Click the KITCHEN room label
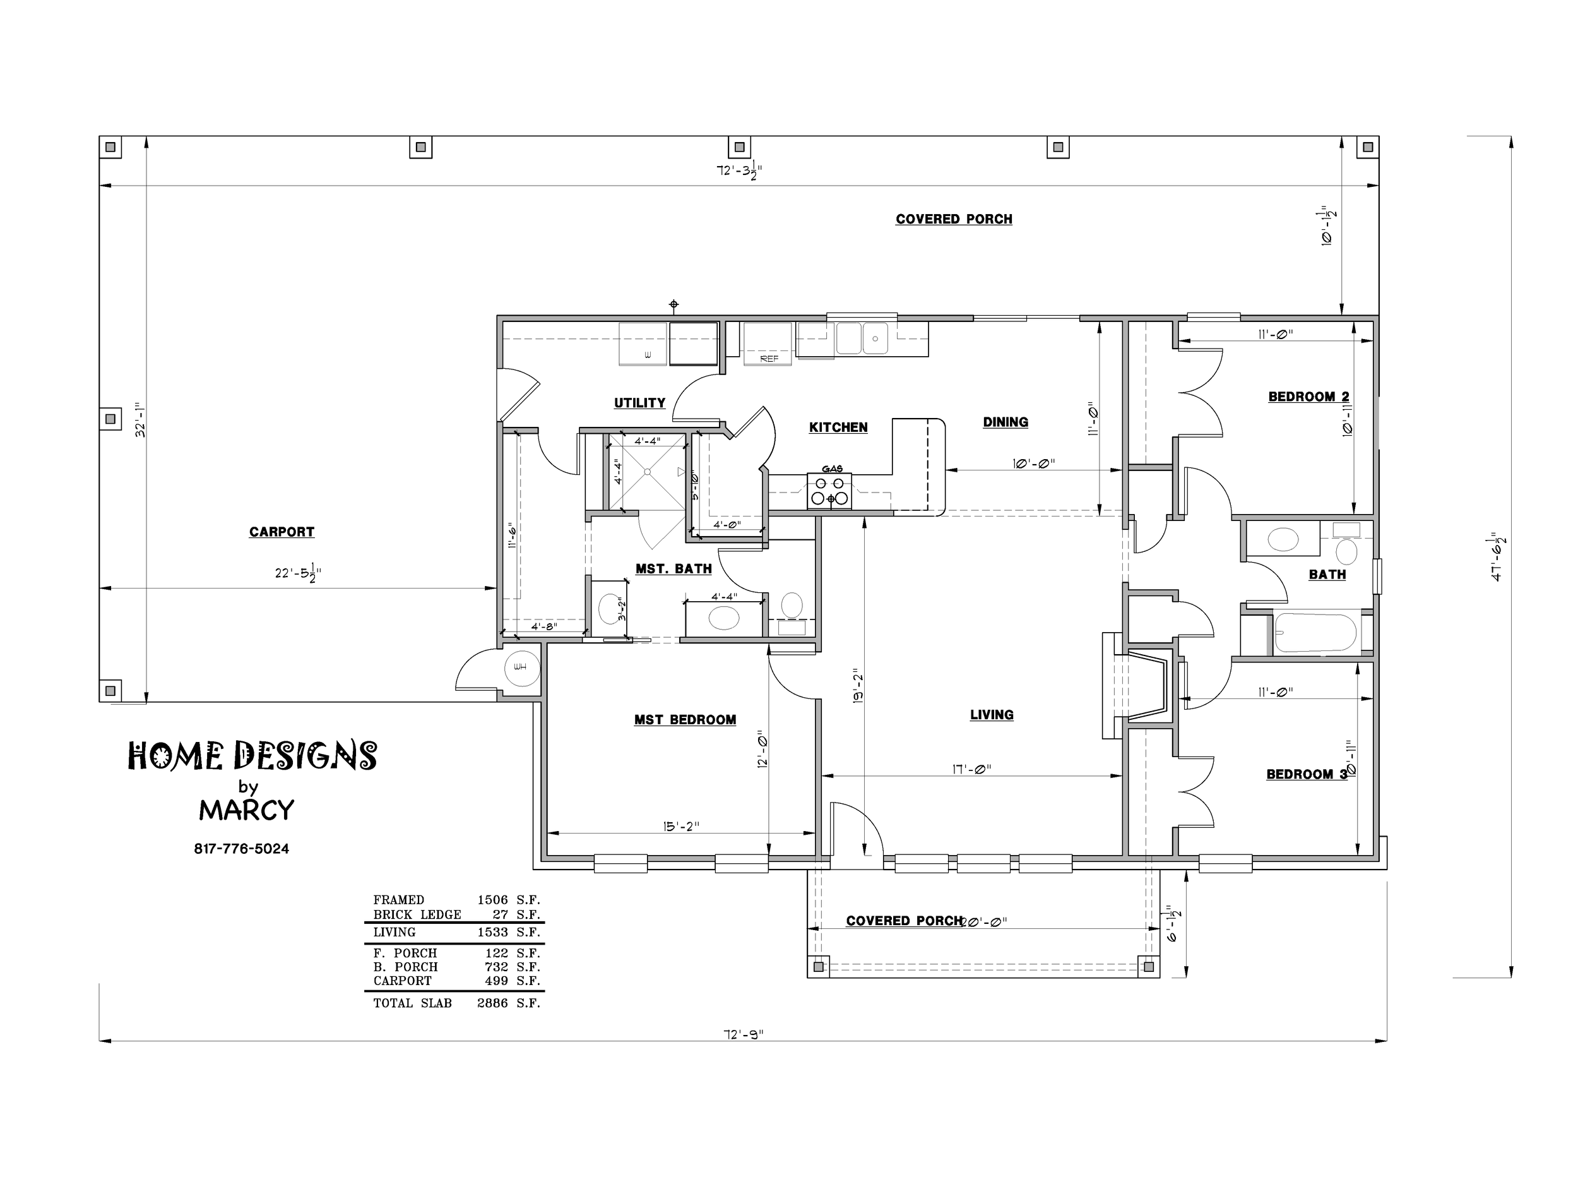[x=838, y=428]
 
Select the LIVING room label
[x=992, y=714]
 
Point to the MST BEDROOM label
[x=685, y=720]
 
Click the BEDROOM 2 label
[x=1308, y=397]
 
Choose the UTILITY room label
[x=639, y=404]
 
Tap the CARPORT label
[x=282, y=532]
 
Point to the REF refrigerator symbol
[x=768, y=344]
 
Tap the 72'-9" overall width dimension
[x=744, y=1034]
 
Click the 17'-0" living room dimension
[x=971, y=768]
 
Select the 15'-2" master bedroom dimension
[x=680, y=827]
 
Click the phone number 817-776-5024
[x=241, y=849]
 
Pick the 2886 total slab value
[x=492, y=1003]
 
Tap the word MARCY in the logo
[x=246, y=810]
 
